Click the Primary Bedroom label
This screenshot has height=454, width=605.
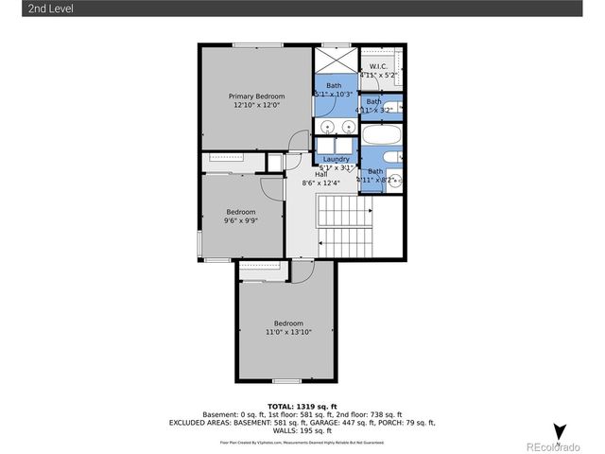click(256, 96)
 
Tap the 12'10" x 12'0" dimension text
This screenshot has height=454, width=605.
click(256, 106)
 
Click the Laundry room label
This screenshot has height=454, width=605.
click(336, 159)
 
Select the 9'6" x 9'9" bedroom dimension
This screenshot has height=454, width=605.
click(240, 220)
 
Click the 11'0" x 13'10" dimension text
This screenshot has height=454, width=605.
click(287, 332)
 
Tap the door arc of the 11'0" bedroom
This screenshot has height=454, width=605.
click(302, 272)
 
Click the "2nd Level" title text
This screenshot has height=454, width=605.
click(26, 9)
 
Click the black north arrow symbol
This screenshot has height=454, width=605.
click(559, 431)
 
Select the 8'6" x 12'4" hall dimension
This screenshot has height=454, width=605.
click(320, 183)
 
